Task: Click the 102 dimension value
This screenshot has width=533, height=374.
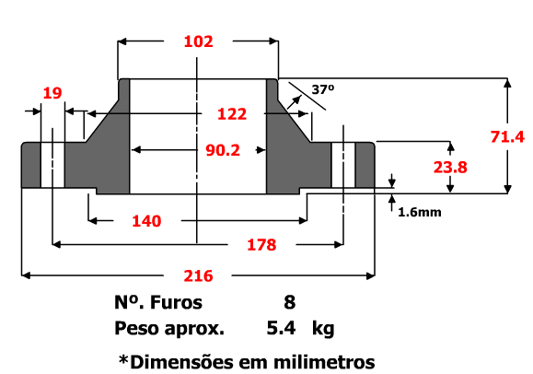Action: pos(198,41)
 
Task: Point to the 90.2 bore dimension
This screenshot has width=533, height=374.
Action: pos(218,149)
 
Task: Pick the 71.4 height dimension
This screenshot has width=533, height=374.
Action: pos(506,136)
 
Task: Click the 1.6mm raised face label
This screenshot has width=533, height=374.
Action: pos(419,211)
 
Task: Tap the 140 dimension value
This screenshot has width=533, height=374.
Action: pos(145,221)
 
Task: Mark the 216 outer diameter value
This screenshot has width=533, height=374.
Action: pos(199,275)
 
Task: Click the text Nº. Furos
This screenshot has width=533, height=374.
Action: pos(157,302)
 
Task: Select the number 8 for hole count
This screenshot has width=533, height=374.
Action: pos(290,302)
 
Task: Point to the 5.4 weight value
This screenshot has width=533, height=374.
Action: pos(281,328)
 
